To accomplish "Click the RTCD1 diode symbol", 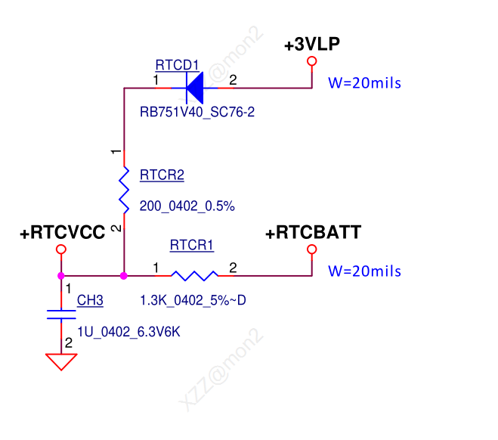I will (x=194, y=88).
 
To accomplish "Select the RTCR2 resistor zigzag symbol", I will (x=124, y=188).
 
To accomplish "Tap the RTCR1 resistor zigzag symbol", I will (x=194, y=276).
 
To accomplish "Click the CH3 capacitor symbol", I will (x=62, y=315).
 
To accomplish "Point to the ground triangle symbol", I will (x=62, y=361).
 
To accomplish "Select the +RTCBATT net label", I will (x=314, y=233).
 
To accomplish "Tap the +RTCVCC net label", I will (x=62, y=233).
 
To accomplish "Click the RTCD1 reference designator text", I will (x=178, y=64).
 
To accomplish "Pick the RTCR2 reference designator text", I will (x=162, y=175).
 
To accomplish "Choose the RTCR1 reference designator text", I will (x=192, y=246).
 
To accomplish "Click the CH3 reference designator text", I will (x=90, y=301).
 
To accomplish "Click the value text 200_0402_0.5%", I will (x=187, y=206).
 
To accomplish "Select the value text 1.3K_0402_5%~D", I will (x=193, y=301).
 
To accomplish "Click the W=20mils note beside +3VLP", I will (x=364, y=83).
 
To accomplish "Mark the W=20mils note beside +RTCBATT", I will (x=364, y=271).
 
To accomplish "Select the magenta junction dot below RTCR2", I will (x=124, y=276).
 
